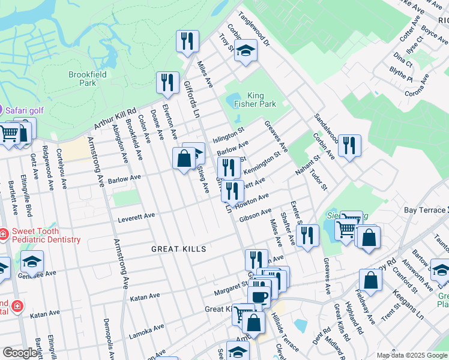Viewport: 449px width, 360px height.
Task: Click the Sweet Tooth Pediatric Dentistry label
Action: [45, 235]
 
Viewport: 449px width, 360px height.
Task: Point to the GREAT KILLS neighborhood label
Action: [178, 249]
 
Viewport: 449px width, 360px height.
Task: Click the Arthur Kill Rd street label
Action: [116, 118]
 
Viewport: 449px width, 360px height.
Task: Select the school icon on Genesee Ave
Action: [32, 262]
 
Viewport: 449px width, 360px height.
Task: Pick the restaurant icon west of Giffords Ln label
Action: [167, 82]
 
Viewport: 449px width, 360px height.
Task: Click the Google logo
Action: [19, 353]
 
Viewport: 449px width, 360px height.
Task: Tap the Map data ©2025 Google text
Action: [412, 355]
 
